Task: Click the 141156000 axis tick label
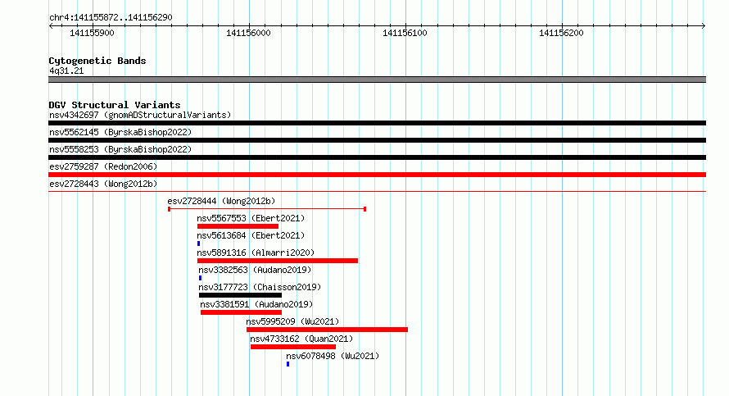click(248, 33)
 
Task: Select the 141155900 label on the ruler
click(92, 33)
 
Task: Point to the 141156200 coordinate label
click(561, 33)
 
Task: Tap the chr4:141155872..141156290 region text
click(111, 18)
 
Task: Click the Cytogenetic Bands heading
click(97, 61)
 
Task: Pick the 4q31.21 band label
click(66, 71)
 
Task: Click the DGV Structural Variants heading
click(115, 105)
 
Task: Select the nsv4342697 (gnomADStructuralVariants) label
click(140, 115)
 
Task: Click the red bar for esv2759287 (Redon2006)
click(377, 175)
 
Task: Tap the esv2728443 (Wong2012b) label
click(103, 184)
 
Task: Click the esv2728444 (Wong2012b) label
click(221, 201)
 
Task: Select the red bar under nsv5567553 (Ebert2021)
click(238, 226)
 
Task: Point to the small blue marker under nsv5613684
click(198, 244)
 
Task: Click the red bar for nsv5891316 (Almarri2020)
click(278, 261)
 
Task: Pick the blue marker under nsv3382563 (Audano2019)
click(201, 278)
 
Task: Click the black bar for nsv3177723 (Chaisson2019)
click(240, 295)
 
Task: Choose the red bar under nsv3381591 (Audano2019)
click(242, 312)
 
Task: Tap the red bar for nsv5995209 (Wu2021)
click(328, 330)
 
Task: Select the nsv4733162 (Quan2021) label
click(301, 339)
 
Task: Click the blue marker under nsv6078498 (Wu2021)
click(288, 364)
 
